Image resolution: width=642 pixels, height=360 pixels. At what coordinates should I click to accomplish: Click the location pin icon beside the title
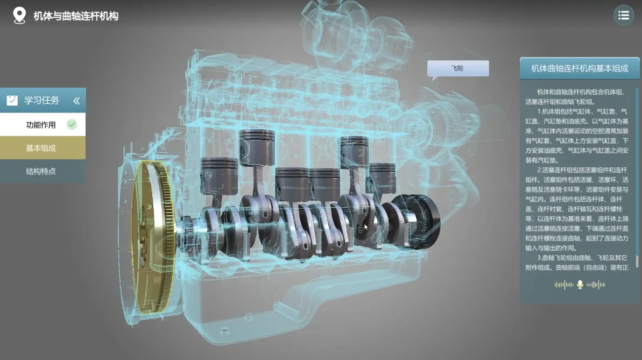coord(19,16)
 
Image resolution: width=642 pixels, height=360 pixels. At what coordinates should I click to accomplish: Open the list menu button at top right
coord(624,16)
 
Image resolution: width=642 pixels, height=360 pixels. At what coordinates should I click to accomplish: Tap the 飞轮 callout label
coord(458,68)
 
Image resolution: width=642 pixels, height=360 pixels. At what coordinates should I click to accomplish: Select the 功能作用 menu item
coord(41,125)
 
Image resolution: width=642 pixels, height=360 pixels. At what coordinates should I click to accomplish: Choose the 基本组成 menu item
coord(41,148)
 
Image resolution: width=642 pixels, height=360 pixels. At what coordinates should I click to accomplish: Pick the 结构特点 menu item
coord(41,171)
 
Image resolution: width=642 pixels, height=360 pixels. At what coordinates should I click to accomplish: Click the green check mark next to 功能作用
coord(72,124)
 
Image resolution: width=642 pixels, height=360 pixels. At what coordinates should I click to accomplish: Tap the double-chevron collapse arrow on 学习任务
coord(76,101)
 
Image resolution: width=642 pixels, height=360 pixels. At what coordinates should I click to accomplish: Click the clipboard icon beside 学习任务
coord(12,100)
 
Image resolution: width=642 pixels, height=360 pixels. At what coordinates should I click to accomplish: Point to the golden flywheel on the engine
coord(152,237)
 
